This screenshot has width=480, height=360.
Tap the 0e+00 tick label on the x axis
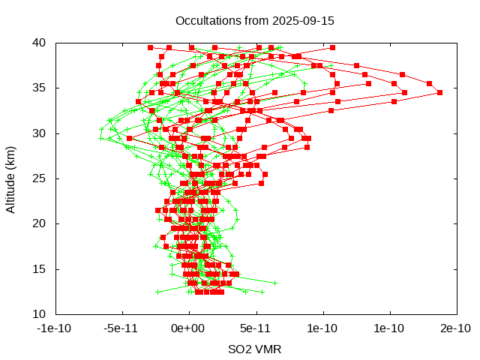click(188, 328)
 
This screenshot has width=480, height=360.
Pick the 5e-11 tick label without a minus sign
click(255, 328)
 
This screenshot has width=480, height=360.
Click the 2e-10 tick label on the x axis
click(455, 328)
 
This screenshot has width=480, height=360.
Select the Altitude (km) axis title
click(11, 178)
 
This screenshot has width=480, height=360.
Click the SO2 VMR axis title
click(255, 349)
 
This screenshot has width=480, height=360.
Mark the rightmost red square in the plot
click(439, 93)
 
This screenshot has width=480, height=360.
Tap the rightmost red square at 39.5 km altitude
click(332, 47)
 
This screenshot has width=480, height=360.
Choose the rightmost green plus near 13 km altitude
click(274, 283)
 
